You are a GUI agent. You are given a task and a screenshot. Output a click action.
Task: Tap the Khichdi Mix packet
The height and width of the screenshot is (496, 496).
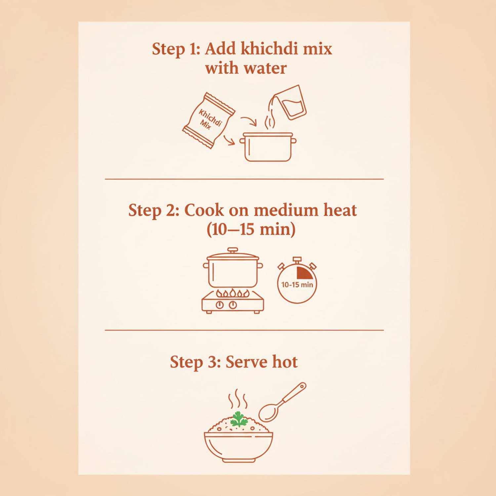coord(209,120)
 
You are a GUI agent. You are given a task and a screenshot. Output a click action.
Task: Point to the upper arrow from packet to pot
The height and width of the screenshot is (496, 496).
coord(249,121)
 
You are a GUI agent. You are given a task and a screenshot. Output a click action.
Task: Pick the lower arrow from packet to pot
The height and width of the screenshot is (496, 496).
coord(229,140)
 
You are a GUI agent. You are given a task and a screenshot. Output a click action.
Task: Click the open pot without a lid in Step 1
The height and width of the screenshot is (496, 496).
coord(268,147)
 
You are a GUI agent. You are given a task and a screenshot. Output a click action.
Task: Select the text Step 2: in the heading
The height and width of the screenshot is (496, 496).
coord(154,210)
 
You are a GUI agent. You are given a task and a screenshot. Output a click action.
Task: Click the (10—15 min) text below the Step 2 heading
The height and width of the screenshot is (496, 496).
coord(251,229)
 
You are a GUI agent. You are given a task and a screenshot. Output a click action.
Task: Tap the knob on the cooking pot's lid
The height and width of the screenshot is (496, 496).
coord(233,250)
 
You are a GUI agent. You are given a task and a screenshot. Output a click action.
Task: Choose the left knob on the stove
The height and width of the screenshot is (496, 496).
coord(220,305)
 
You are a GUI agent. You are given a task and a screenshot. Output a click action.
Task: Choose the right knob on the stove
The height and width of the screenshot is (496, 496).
coord(233,305)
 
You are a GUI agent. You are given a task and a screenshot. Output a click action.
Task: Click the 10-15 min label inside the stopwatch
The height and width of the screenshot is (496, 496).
coord(297,285)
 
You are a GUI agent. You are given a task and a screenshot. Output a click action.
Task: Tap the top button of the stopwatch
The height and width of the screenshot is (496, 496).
coord(297,260)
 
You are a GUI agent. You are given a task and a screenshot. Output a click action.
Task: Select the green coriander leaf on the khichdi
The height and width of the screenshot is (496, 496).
coord(239,419)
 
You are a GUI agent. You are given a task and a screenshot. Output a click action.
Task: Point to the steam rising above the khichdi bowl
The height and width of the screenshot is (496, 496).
coord(238,399)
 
